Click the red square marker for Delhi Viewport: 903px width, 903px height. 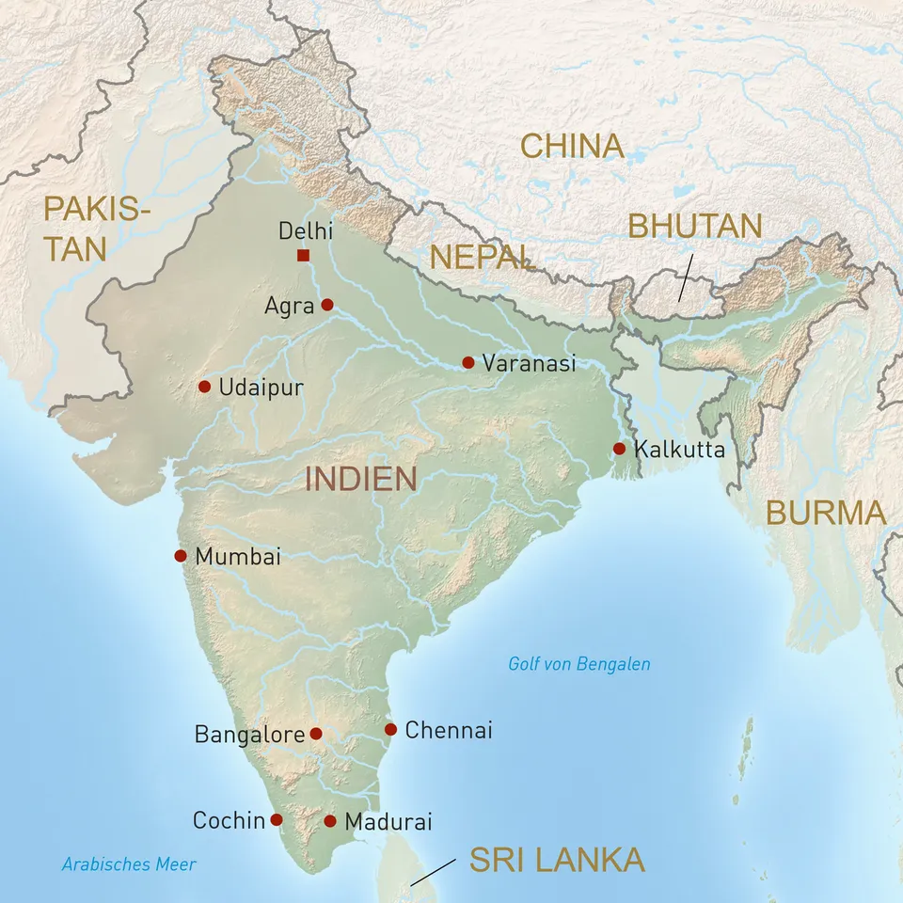tap(303, 256)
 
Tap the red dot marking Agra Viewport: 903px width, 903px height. tap(327, 305)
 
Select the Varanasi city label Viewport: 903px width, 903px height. tap(528, 363)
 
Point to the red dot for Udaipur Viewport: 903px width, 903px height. tap(204, 387)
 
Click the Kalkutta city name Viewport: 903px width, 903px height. tap(679, 450)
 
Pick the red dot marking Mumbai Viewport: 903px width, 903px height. tap(181, 556)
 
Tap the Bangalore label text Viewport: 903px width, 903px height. tap(249, 735)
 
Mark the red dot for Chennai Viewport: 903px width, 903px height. tap(391, 729)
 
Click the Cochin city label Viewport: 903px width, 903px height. tap(229, 821)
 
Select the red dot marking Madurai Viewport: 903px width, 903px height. tap(330, 821)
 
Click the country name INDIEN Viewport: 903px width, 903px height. tap(360, 479)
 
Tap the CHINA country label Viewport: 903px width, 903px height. tap(572, 146)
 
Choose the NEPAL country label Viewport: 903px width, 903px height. tap(481, 256)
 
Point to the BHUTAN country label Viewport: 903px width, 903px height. tap(695, 227)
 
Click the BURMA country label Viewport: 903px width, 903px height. tap(826, 513)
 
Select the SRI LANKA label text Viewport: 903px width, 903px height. tap(557, 860)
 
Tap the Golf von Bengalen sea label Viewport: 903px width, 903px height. tap(578, 664)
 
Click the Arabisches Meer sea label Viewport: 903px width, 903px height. tap(129, 864)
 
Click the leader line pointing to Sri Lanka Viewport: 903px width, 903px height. tap(435, 871)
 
